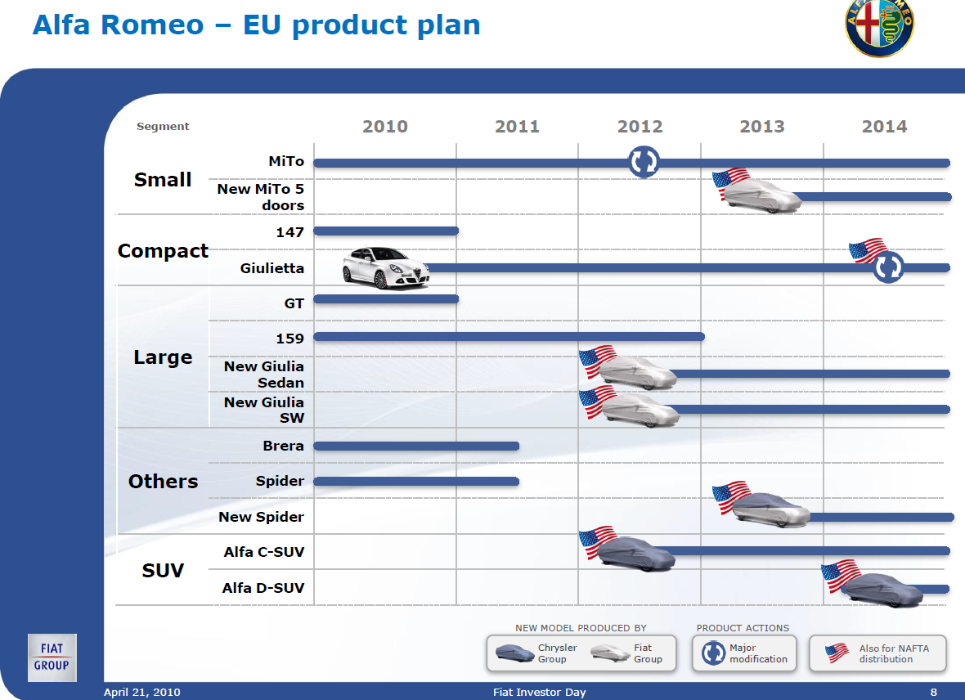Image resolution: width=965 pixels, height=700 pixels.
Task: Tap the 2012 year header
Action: [640, 127]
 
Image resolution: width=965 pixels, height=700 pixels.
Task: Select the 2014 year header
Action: [884, 127]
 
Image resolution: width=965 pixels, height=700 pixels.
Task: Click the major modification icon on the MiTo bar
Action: [644, 162]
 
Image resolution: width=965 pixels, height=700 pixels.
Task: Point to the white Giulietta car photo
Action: [386, 267]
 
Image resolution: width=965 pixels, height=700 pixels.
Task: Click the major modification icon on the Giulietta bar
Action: [888, 267]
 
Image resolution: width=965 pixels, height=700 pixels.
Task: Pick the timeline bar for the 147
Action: [386, 231]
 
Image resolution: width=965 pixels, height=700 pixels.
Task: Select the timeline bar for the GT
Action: [386, 299]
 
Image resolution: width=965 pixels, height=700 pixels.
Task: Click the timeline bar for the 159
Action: [509, 337]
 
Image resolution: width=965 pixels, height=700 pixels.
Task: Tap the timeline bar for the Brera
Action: [416, 446]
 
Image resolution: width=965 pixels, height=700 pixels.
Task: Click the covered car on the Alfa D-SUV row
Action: [883, 590]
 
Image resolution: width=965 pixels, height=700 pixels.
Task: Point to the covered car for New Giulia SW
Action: [640, 410]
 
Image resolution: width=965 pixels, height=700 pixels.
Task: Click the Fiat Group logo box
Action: [52, 657]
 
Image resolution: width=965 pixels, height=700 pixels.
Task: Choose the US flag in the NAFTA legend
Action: [837, 653]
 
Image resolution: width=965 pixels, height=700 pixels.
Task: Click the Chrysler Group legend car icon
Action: [514, 653]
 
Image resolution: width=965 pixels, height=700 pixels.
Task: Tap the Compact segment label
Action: [163, 250]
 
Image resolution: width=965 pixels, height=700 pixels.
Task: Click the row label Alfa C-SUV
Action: [264, 552]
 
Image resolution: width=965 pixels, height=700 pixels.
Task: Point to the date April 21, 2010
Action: [142, 692]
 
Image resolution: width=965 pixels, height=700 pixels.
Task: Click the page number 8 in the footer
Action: [934, 692]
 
